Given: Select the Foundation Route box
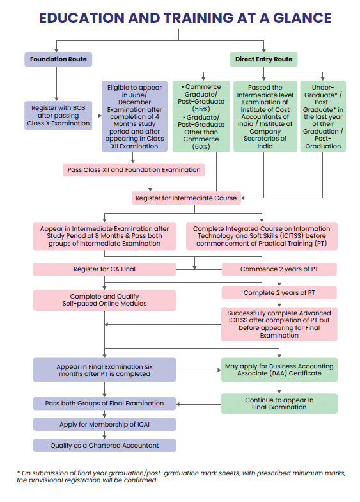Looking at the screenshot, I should tap(58, 59).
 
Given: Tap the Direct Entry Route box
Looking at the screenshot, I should tap(263, 59).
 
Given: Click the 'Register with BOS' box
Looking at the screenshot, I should tap(58, 116).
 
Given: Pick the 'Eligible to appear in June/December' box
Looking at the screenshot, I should tap(134, 116).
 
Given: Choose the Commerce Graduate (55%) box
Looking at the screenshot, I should tap(201, 116).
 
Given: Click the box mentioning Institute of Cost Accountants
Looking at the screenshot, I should tap(265, 116).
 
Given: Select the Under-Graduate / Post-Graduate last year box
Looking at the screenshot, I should tap(323, 116).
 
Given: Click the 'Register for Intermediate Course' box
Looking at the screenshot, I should tap(186, 198).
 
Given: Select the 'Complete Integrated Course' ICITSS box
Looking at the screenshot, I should tap(262, 236).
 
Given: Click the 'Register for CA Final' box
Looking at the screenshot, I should tap(104, 269).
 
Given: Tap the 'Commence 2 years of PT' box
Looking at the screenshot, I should tap(279, 269).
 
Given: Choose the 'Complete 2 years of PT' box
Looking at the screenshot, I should tap(279, 293).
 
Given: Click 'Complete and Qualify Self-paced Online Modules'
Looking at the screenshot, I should tap(104, 300).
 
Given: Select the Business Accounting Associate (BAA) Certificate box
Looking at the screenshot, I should tap(279, 370).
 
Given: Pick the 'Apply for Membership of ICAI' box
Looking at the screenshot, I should tap(104, 425).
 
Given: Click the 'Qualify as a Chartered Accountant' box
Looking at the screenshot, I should tap(104, 445).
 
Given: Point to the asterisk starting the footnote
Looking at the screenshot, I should tap(19, 473).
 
